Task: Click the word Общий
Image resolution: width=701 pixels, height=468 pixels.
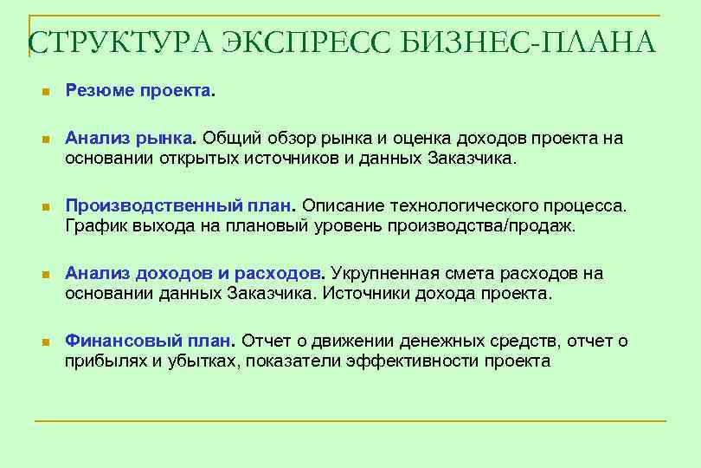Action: [229, 139]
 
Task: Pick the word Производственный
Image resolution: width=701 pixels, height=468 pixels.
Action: [152, 207]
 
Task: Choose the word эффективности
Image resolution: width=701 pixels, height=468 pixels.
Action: [416, 361]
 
